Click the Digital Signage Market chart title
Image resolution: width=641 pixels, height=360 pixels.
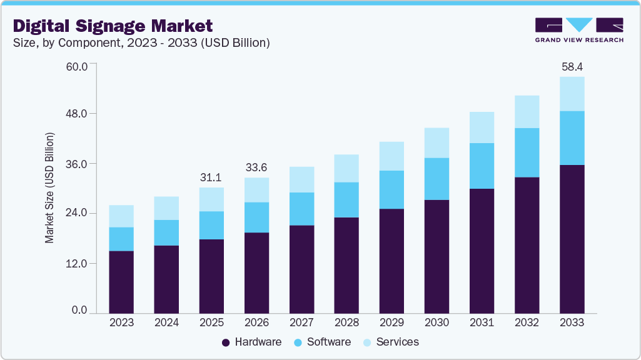point(113,26)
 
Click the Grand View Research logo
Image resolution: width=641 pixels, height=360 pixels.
point(578,29)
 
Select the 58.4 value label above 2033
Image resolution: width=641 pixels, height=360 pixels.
point(572,66)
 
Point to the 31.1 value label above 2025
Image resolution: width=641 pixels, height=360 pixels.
point(211,177)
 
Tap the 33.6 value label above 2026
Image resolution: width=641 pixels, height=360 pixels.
point(256,167)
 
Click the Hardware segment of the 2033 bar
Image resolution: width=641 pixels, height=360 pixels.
point(572,239)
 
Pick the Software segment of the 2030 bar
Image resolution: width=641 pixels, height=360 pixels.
point(437,179)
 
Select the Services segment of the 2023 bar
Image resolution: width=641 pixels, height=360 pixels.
point(121,216)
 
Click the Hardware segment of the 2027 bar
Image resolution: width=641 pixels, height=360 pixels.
point(301,269)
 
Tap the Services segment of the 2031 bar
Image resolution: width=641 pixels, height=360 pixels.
point(482,127)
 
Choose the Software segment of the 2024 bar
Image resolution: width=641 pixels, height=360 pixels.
point(166,232)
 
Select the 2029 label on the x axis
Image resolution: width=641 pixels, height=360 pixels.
point(391,322)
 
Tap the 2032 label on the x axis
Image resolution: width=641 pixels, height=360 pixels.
point(527,322)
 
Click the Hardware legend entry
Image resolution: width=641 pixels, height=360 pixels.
point(252,342)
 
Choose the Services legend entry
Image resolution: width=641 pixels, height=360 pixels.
point(391,342)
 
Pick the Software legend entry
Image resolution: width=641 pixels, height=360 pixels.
point(323,342)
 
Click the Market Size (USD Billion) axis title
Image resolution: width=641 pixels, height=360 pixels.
point(49,187)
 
